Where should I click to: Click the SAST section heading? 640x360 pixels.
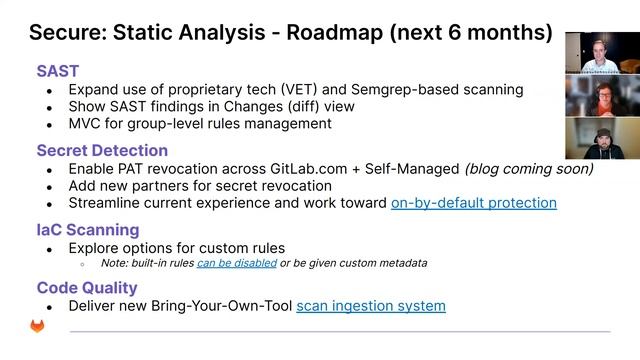58,71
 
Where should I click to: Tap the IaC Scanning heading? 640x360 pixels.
87,229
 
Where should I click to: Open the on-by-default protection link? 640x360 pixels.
473,203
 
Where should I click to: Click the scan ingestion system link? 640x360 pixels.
371,305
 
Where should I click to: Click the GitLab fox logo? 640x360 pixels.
36,327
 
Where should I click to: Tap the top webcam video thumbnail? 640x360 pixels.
602,53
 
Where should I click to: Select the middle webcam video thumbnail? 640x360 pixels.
602,95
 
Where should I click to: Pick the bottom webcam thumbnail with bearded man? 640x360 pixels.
602,138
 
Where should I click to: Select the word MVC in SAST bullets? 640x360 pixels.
87,124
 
